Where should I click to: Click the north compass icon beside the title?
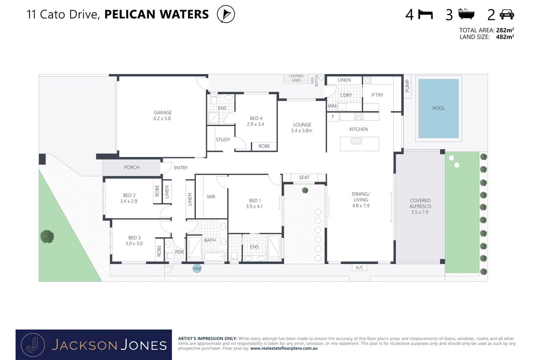click(226, 14)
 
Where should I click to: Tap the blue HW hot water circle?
click(197, 268)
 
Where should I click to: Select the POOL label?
click(439, 108)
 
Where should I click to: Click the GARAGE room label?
click(163, 113)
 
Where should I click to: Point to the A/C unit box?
click(360, 267)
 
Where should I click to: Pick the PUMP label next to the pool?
click(407, 86)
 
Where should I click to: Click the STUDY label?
click(223, 140)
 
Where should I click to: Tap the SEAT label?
click(304, 177)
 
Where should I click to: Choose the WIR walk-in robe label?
click(211, 197)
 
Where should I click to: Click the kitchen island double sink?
click(356, 141)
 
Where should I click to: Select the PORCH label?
click(132, 167)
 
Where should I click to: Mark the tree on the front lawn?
click(47, 236)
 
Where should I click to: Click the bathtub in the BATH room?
click(214, 256)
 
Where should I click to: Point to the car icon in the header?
click(507, 14)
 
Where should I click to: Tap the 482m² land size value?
click(505, 37)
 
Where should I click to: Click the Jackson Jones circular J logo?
click(33, 345)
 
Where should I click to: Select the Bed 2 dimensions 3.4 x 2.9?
click(129, 201)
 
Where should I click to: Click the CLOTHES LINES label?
click(296, 78)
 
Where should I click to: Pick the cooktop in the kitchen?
click(358, 116)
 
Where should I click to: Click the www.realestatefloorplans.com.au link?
click(284, 348)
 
